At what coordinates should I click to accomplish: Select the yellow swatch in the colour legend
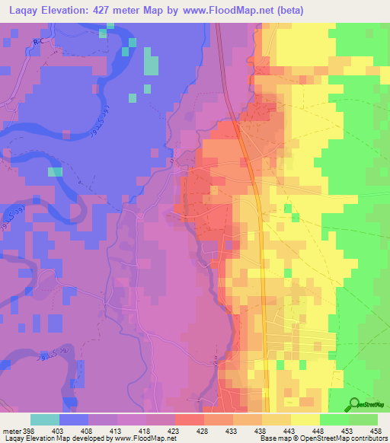(305, 419)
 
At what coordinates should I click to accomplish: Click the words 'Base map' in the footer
(274, 438)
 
